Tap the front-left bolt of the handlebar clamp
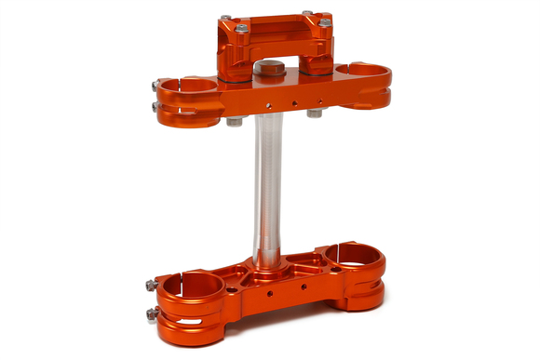click(x=241, y=29)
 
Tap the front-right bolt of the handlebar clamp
click(x=324, y=22)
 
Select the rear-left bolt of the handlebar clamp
click(x=226, y=18)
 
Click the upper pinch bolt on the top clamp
click(x=155, y=87)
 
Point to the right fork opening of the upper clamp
click(x=364, y=70)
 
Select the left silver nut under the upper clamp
click(x=235, y=121)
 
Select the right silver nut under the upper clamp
click(x=315, y=113)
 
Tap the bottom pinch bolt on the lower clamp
click(x=152, y=313)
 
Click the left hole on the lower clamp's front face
click(x=269, y=291)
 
